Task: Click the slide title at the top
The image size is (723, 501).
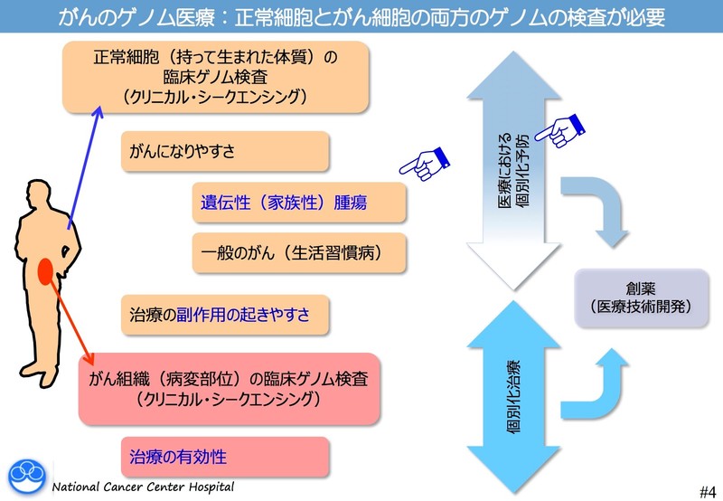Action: tap(361, 16)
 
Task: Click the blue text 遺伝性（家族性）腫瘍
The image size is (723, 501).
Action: tap(284, 203)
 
